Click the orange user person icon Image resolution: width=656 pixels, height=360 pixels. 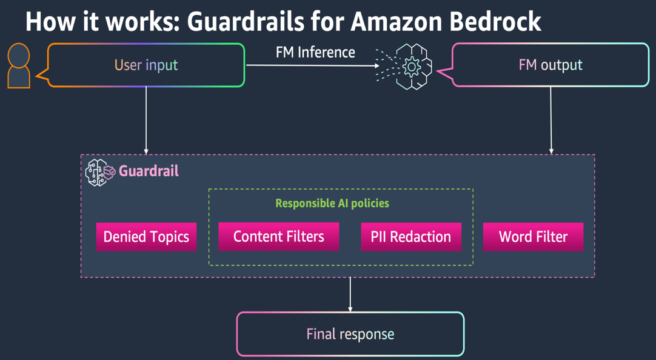pyautogui.click(x=19, y=66)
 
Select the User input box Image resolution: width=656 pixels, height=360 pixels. pyautogui.click(x=146, y=65)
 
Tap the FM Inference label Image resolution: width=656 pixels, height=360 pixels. pyautogui.click(x=315, y=52)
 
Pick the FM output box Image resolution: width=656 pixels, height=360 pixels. pyautogui.click(x=551, y=65)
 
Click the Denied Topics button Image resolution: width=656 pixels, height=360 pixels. pyautogui.click(x=146, y=236)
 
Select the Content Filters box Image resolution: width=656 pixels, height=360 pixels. pyautogui.click(x=278, y=236)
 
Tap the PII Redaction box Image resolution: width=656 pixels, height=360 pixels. pyautogui.click(x=410, y=236)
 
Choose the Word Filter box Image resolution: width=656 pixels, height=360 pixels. pyautogui.click(x=533, y=236)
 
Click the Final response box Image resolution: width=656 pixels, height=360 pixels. pyautogui.click(x=350, y=334)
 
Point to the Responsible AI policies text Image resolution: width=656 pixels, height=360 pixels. pyautogui.click(x=332, y=203)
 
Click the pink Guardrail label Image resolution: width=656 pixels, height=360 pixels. pyautogui.click(x=149, y=171)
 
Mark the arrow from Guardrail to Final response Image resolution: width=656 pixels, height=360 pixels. pyautogui.click(x=350, y=295)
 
